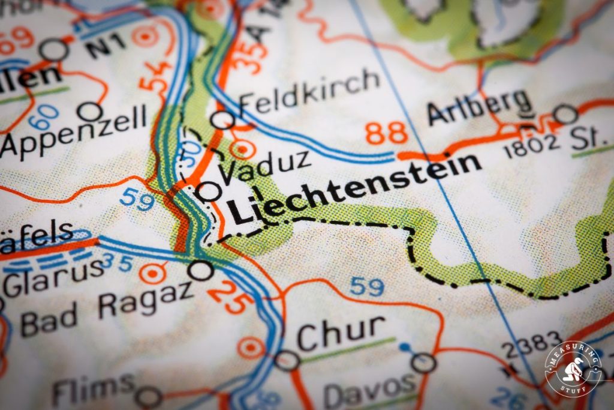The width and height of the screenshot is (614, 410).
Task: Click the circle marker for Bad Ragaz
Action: pyautogui.click(x=200, y=271)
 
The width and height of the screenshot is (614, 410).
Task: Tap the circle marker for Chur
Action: pyautogui.click(x=287, y=360)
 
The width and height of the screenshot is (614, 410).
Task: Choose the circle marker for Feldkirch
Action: pyautogui.click(x=222, y=120)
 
